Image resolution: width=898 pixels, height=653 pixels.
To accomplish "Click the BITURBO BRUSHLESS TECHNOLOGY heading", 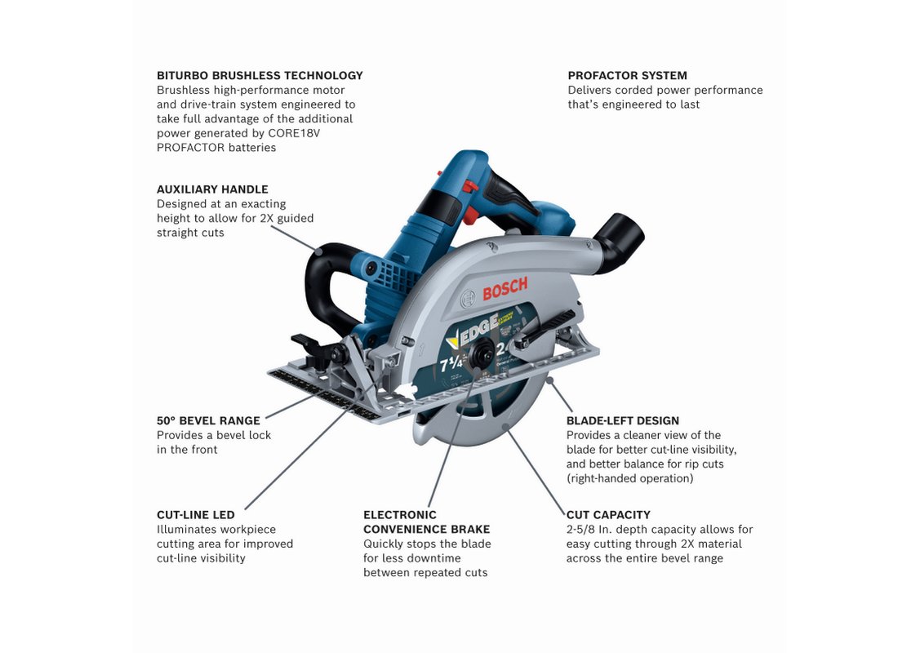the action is [260, 76].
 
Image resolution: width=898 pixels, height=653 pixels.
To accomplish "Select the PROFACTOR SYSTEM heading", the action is [627, 76].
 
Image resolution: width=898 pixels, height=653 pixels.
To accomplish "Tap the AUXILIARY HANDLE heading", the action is [212, 189].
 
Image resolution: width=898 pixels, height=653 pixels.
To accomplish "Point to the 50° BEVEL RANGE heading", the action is [208, 421].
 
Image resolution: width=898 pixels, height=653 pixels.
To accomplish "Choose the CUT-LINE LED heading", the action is [196, 515].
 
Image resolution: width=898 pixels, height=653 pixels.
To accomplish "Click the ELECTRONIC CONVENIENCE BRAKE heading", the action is [427, 522].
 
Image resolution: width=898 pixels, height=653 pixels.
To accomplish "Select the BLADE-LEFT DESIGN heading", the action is [623, 421].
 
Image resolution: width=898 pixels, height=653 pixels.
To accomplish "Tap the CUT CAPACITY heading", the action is [608, 515].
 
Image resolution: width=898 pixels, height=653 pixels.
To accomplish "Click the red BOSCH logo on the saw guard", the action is [505, 288].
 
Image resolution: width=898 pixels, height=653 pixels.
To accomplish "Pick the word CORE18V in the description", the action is [294, 134].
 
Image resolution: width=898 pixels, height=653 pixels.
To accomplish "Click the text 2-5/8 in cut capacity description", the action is [581, 530].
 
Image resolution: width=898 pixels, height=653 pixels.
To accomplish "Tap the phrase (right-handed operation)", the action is [630, 478].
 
